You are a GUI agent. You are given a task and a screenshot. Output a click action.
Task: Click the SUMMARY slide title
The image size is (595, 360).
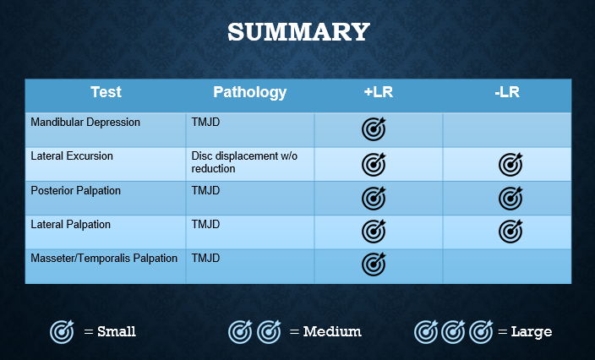(298, 32)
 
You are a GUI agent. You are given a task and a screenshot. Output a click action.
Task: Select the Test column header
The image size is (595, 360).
(106, 92)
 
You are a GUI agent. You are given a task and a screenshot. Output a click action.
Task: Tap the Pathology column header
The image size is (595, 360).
(249, 92)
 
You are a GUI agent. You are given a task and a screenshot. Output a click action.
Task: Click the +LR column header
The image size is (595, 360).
(379, 92)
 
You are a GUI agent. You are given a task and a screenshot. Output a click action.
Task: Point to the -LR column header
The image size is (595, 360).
(507, 92)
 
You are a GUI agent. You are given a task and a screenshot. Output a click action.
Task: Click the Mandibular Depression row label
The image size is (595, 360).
(85, 123)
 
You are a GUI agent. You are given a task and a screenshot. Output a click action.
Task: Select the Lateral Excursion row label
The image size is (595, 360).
(72, 155)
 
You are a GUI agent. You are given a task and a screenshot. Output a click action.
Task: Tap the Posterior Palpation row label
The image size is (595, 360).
(75, 190)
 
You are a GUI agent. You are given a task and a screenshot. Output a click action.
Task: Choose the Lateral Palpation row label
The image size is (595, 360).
(71, 224)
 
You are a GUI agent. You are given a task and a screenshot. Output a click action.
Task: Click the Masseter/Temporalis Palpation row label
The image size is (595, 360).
(104, 259)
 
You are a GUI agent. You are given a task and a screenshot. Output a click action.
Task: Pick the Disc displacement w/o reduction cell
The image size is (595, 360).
(244, 162)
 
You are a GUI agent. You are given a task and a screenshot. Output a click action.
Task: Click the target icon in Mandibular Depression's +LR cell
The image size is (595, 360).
(374, 129)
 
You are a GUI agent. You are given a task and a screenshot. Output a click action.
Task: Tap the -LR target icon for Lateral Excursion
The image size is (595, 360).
(510, 165)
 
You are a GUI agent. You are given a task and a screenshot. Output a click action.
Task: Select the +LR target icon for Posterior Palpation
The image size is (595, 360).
(374, 198)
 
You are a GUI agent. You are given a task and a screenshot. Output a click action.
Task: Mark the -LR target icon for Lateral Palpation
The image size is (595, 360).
(510, 231)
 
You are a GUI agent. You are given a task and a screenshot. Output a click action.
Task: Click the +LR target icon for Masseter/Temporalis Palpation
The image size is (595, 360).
(374, 264)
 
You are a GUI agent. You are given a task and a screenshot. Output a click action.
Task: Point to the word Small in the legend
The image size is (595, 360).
(117, 331)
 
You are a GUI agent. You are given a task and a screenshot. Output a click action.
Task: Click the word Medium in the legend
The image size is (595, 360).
(332, 331)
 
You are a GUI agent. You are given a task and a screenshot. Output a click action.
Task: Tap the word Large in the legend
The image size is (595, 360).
(532, 332)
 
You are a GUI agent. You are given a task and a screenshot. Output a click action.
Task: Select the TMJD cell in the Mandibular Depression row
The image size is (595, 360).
(205, 123)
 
